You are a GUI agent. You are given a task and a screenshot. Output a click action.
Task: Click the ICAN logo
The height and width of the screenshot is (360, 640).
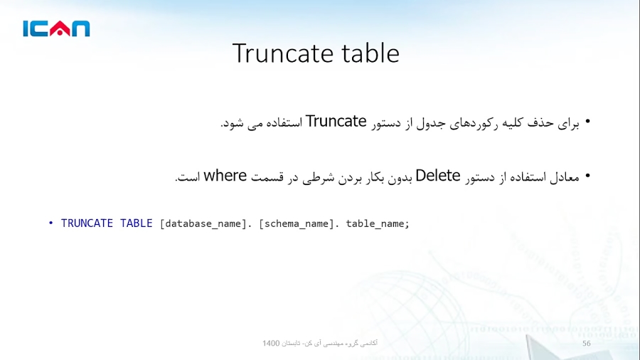[x=56, y=28]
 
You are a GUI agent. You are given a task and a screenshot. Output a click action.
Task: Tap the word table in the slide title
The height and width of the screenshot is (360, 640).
[x=370, y=53]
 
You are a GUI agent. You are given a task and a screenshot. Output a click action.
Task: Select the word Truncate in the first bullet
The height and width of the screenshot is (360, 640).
[x=336, y=122]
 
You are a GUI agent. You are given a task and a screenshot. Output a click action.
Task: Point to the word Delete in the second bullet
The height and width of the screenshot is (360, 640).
[x=438, y=176]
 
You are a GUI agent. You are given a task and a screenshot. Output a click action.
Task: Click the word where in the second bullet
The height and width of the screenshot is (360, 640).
[x=225, y=176]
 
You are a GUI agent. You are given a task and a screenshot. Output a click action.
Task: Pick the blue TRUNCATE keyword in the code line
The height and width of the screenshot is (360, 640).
[x=87, y=223]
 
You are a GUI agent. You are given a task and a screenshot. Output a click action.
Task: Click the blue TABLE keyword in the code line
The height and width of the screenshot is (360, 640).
[x=136, y=223]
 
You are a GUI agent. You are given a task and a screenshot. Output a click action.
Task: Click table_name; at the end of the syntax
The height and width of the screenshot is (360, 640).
[x=378, y=223]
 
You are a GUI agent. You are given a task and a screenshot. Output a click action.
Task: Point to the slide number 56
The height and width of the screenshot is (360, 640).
[x=587, y=344]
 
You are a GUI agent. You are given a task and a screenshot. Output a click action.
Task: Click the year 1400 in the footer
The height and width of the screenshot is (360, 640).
[x=271, y=344]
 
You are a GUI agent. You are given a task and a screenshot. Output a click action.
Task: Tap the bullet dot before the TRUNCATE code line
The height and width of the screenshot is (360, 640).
[x=51, y=223]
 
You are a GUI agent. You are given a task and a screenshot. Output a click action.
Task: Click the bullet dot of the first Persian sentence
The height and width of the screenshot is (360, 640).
[x=587, y=122]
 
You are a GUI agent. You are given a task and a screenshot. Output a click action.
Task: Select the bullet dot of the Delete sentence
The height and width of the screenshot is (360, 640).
[x=587, y=176]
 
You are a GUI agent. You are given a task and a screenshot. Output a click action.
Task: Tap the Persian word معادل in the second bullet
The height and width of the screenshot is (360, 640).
[x=564, y=176]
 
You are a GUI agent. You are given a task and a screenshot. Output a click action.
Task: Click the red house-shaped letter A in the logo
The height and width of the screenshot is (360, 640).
[x=60, y=28]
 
